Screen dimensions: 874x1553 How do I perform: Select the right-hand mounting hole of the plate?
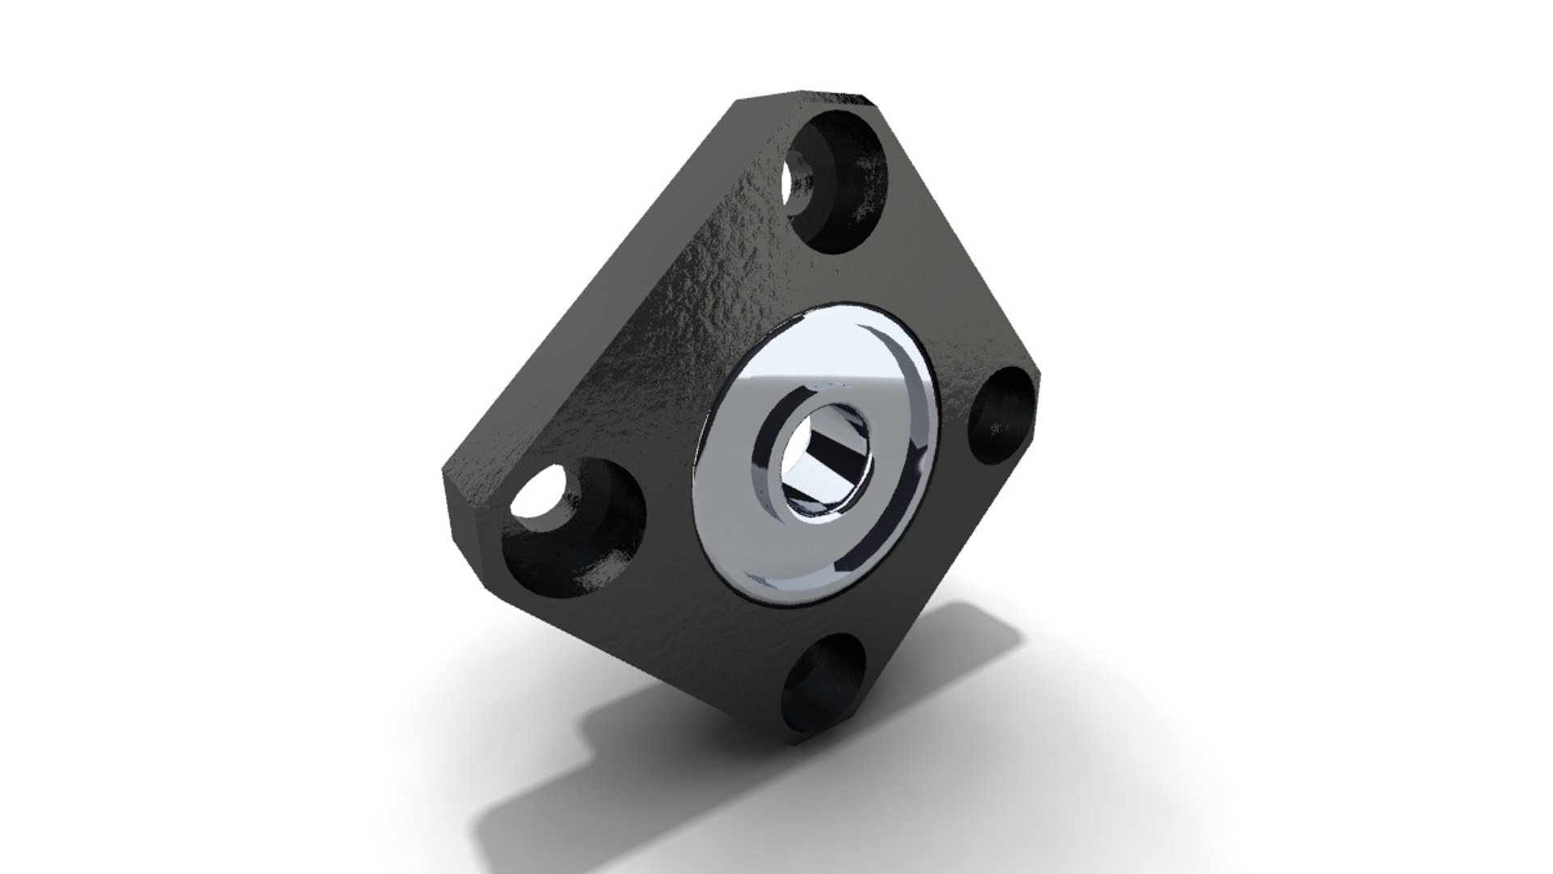[x=1003, y=415]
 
